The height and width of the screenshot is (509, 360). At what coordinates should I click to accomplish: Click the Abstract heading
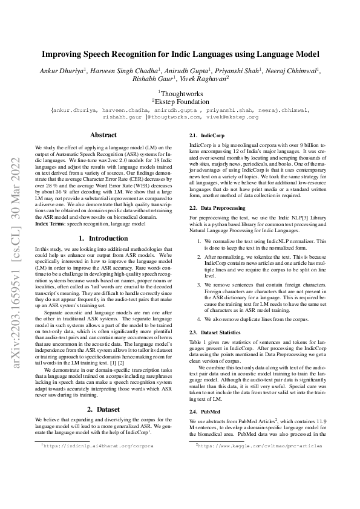103,135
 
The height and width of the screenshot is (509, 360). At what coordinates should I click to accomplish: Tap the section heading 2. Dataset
103,409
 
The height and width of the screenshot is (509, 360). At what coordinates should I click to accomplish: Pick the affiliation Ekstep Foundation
180,102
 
